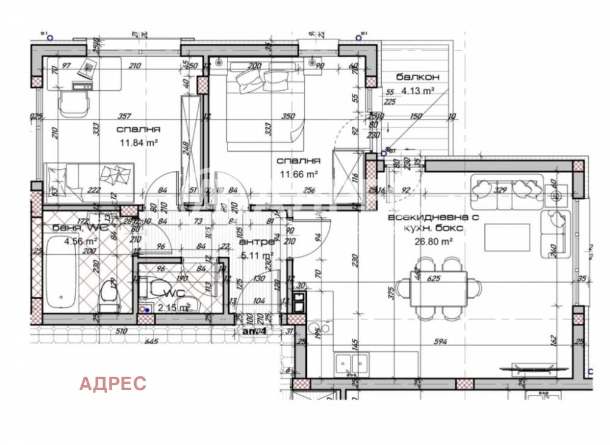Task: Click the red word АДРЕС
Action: coord(113,383)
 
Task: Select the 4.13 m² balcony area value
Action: coord(417,90)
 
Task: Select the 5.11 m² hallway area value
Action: coord(257,256)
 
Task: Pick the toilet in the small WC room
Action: coord(161,289)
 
